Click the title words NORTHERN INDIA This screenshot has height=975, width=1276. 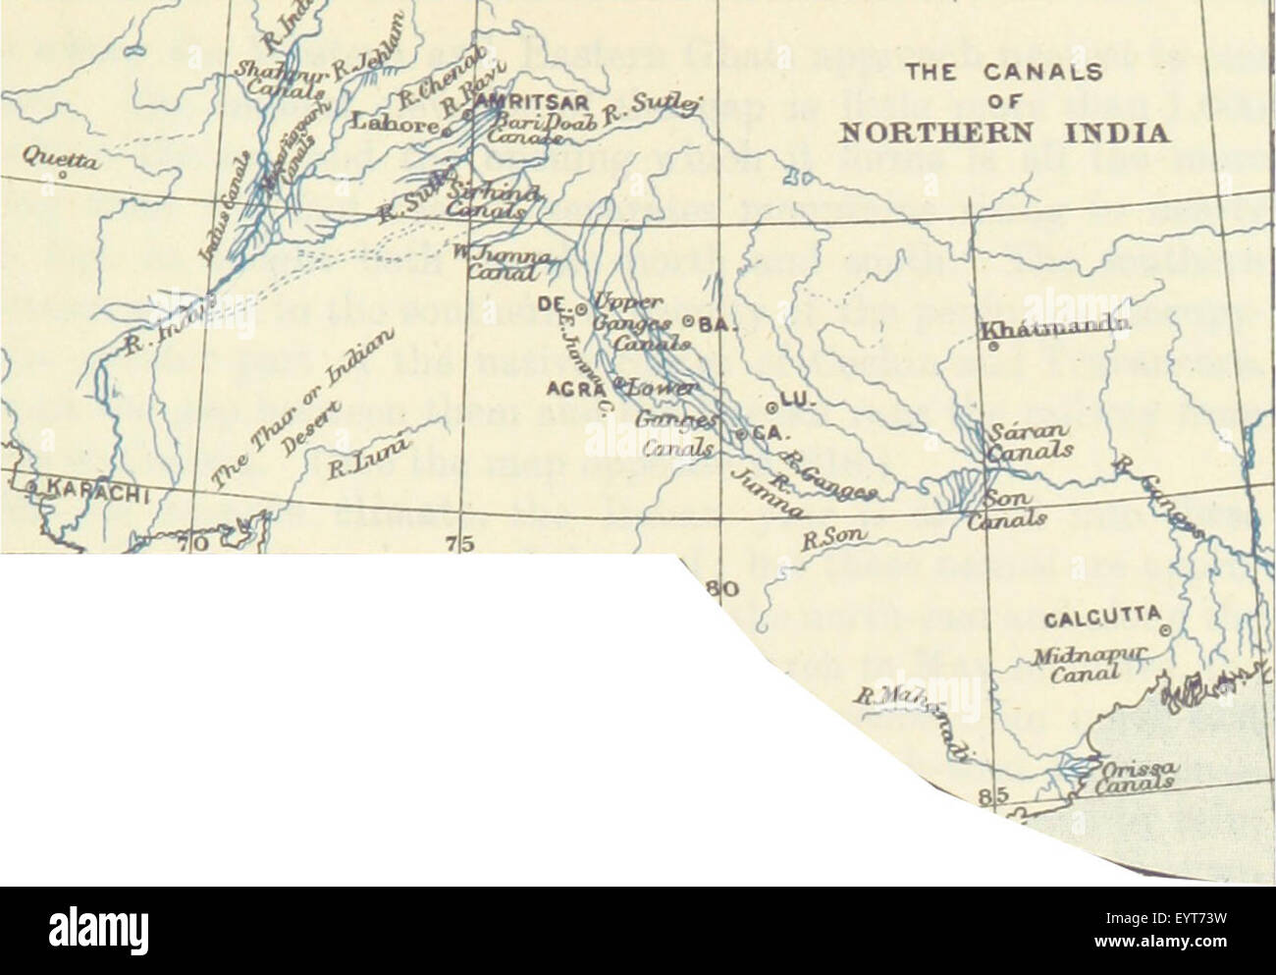(x=1004, y=134)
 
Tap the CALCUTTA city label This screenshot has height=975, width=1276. (x=1101, y=621)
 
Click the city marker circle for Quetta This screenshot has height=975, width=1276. (x=61, y=178)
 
